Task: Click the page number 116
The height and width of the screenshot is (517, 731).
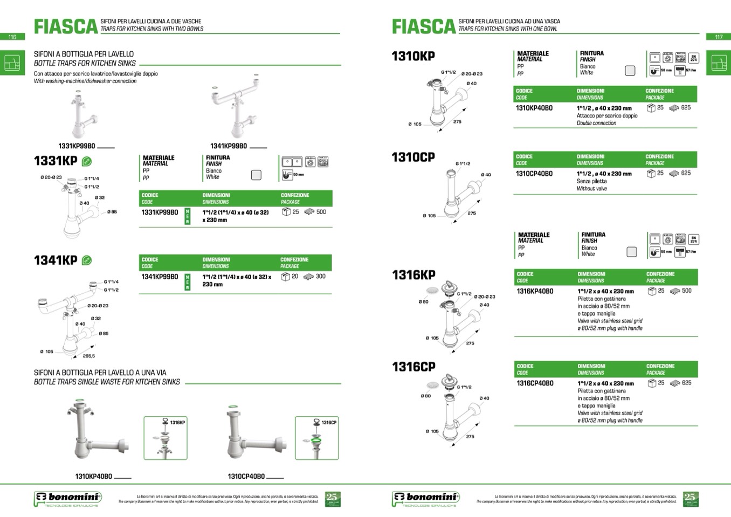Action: [12, 37]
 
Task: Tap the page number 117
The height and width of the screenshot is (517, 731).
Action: [719, 37]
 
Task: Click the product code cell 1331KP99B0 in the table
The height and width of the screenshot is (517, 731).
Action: [160, 212]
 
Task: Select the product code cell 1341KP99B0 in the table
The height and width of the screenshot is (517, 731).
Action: [160, 277]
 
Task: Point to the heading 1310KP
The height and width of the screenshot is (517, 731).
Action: [413, 56]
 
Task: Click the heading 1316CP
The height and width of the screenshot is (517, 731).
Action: [413, 367]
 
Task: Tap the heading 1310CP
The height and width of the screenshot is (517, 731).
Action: [413, 157]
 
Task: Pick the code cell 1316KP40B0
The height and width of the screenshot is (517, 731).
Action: [535, 291]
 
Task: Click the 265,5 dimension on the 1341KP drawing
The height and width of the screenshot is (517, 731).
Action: [89, 356]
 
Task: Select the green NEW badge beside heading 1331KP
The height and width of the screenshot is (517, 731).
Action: [86, 161]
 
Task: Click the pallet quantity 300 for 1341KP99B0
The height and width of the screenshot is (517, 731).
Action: [320, 277]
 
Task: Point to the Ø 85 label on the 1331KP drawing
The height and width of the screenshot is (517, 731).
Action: [112, 212]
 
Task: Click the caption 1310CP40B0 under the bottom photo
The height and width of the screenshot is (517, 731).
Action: [246, 477]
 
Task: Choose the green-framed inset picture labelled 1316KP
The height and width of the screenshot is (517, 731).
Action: [165, 438]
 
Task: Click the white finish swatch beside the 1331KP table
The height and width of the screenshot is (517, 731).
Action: [256, 175]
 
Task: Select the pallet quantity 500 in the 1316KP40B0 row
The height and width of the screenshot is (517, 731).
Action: [686, 291]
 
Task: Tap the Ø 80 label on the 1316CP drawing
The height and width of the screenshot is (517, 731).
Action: [426, 396]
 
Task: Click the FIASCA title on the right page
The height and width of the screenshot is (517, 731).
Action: [424, 26]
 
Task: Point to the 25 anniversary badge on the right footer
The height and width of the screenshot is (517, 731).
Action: [690, 499]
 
